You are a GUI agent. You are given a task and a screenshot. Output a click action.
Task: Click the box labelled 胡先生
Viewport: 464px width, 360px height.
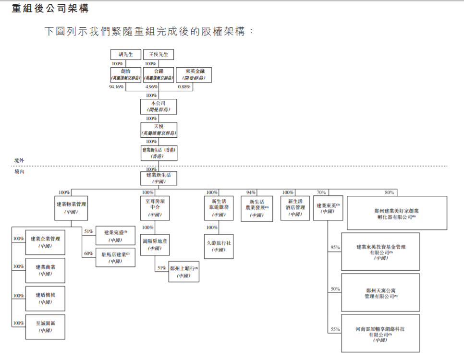tap(126, 54)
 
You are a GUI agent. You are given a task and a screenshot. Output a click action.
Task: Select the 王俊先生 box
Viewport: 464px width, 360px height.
tap(159, 54)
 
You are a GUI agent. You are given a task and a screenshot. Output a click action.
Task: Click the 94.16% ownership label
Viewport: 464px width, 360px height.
tap(117, 87)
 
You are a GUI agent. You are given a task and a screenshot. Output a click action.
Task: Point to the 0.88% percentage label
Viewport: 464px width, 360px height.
tap(184, 87)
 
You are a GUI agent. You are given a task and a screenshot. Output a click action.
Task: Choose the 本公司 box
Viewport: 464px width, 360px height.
tap(159, 106)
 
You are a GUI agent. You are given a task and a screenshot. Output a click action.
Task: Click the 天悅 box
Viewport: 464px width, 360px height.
tap(159, 129)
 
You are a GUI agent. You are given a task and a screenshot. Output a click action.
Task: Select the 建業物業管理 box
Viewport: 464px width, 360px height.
tap(71, 208)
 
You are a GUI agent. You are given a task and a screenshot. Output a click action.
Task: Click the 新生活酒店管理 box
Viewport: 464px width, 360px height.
tap(295, 208)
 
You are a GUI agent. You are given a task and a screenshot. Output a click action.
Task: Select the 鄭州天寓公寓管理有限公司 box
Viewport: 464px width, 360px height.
tap(380, 293)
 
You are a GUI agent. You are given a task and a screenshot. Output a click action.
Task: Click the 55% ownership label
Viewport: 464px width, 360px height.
tap(335, 330)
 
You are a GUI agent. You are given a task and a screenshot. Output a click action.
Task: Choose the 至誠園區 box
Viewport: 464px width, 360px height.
tap(45, 327)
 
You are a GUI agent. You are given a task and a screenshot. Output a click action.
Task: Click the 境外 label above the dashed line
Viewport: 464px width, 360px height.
tap(19, 160)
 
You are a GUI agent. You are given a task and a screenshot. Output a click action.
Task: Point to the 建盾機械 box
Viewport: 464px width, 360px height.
tap(45, 299)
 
